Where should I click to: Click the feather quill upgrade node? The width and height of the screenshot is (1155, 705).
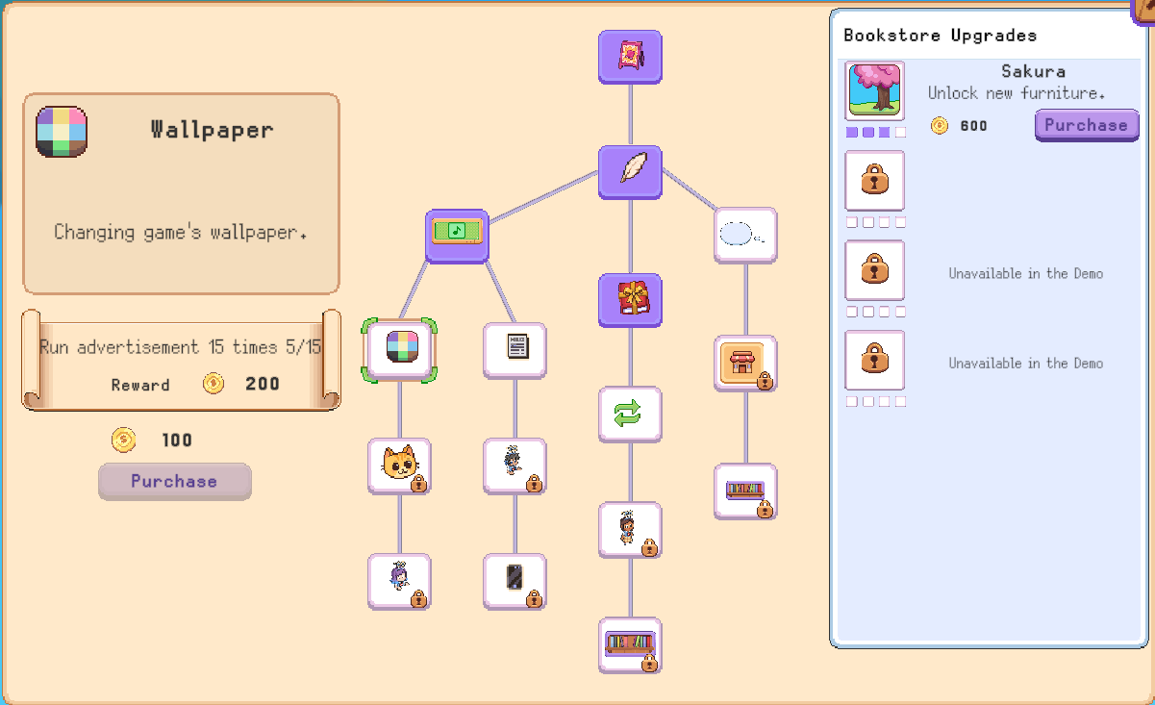click(630, 172)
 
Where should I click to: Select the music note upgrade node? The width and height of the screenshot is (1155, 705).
click(457, 237)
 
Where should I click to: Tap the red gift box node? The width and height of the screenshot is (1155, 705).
click(630, 300)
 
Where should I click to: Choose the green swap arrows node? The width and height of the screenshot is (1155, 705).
click(630, 415)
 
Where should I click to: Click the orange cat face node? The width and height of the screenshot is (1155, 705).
click(400, 466)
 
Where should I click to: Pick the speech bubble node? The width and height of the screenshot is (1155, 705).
click(745, 236)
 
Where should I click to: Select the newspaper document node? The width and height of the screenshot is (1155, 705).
click(515, 351)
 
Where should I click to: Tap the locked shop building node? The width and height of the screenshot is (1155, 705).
click(745, 364)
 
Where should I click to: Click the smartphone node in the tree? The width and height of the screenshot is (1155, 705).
click(515, 582)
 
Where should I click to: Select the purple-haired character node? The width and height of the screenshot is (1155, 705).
click(400, 582)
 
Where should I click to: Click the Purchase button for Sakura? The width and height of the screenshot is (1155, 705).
click(1087, 125)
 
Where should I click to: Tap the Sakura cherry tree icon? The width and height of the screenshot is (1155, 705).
click(874, 90)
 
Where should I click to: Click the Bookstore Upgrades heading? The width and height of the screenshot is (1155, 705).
click(940, 35)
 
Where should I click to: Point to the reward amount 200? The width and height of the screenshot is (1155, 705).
click(263, 384)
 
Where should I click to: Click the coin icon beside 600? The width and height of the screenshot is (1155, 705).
click(940, 126)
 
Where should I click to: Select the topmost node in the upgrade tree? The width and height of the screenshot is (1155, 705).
click(630, 57)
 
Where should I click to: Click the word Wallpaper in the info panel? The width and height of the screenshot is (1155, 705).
click(212, 130)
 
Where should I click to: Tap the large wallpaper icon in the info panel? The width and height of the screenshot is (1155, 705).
click(62, 132)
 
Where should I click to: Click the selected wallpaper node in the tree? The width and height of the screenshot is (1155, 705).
click(400, 351)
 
